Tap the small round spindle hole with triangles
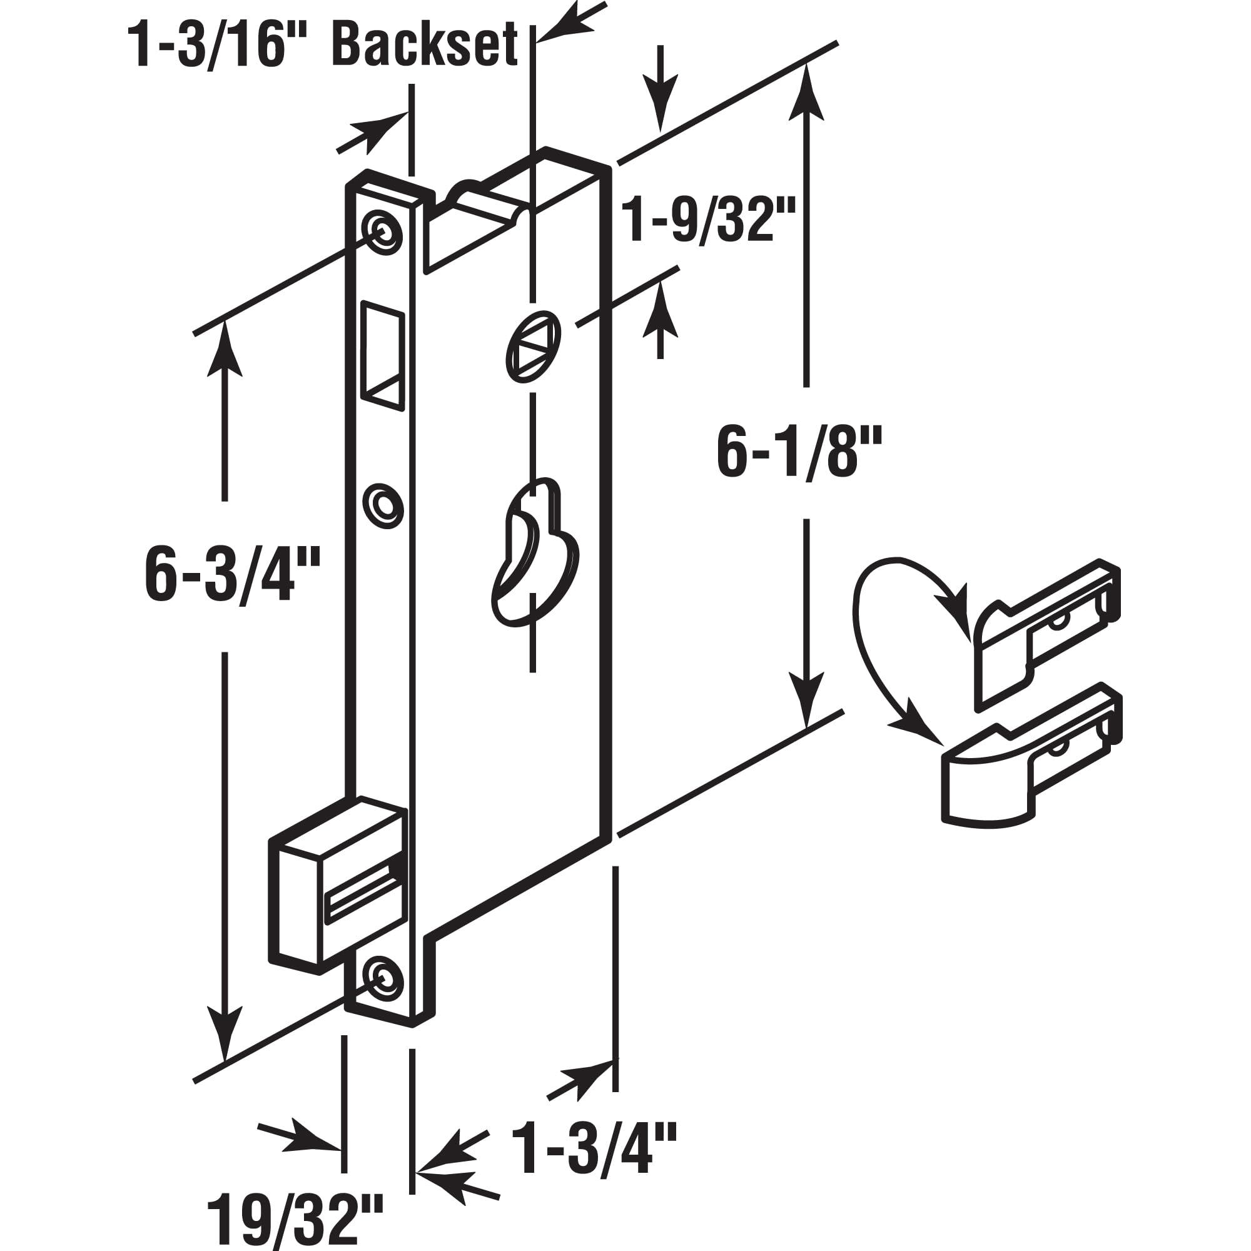tap(532, 347)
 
